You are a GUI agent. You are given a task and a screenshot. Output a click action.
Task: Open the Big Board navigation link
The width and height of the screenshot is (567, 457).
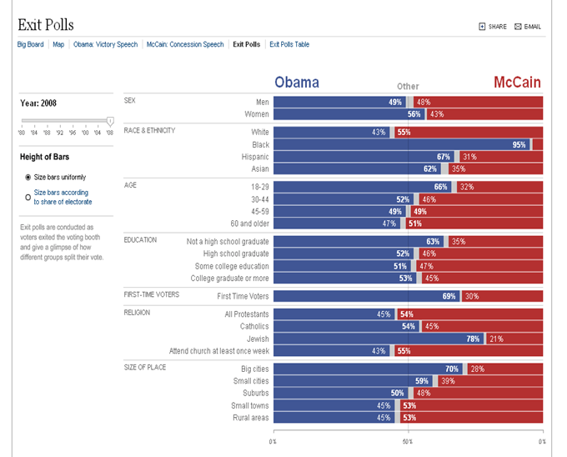point(32,44)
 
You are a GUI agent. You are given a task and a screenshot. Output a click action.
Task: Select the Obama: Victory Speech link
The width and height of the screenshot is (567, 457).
point(106,44)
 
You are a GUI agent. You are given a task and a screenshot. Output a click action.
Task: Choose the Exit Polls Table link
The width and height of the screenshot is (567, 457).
point(289,44)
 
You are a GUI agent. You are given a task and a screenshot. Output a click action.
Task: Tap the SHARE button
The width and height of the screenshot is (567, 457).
point(493,27)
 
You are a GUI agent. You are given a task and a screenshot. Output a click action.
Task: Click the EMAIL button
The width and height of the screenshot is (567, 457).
point(528,27)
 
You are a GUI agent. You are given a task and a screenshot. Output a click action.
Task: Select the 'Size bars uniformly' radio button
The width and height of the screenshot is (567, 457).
point(28,178)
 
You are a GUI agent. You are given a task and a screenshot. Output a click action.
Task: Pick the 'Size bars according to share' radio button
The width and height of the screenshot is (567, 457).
point(28,198)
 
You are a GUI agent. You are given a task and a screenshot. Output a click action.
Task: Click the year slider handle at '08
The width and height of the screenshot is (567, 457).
point(110,122)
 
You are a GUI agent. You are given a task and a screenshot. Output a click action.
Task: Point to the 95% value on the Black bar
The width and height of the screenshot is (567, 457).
point(519,144)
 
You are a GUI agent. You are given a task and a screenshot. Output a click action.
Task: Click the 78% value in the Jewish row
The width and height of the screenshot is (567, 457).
point(473,339)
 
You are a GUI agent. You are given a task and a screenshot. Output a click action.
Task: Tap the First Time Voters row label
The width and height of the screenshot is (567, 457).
point(243,296)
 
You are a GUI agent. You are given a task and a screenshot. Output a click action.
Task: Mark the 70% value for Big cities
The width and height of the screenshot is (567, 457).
point(452,369)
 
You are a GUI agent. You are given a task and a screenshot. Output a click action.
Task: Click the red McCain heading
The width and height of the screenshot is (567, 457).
point(516,83)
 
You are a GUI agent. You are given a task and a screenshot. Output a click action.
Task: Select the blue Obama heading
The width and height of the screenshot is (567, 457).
point(297,83)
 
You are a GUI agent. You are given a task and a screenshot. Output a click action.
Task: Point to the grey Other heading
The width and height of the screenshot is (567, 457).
point(408,87)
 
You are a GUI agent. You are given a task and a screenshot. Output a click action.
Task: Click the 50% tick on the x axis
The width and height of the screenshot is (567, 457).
point(408,440)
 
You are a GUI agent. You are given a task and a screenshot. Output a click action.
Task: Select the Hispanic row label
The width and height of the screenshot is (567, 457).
point(254,157)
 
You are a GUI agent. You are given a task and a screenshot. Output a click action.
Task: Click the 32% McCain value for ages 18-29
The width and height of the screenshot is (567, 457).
point(466,188)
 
